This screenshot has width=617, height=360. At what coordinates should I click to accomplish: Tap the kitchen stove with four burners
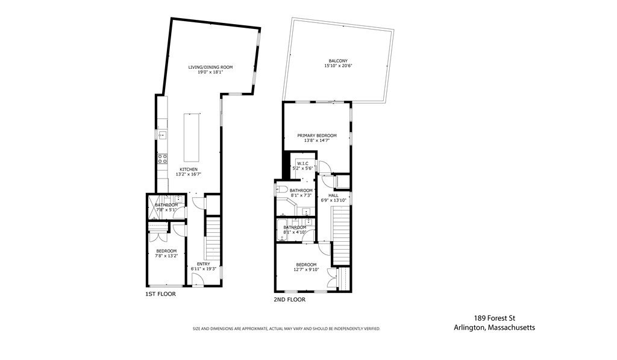162,159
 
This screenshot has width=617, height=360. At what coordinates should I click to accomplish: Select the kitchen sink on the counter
162,135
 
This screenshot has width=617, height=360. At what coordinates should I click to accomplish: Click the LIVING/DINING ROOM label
210,68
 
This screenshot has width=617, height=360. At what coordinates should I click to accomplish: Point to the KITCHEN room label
189,169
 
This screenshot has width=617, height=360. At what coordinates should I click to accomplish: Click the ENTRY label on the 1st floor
204,264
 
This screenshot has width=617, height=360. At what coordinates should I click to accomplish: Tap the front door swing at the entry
198,279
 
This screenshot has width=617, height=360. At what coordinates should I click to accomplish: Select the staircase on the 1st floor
213,237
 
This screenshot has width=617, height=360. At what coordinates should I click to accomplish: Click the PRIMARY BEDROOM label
317,136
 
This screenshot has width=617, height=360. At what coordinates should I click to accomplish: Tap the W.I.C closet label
302,163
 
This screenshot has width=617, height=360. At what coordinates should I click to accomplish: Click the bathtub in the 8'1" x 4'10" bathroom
282,231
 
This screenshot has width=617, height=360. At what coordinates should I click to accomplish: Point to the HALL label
333,195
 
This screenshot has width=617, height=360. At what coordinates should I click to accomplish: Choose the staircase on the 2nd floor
342,236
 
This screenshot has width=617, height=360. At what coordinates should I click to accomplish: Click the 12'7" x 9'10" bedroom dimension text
306,270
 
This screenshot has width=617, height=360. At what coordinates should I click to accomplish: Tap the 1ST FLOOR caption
160,294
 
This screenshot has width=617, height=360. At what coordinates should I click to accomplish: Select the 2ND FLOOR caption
290,300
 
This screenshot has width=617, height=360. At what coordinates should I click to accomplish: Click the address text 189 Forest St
495,318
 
